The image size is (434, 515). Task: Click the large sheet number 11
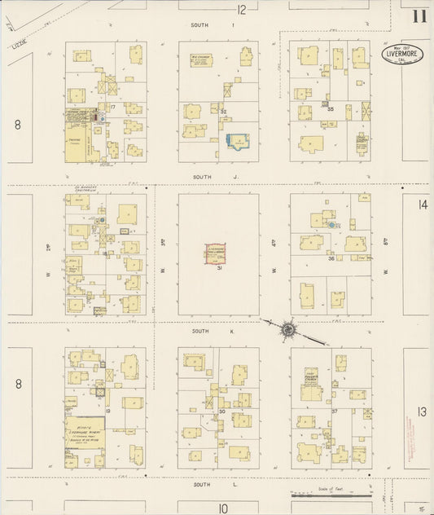point(419,15)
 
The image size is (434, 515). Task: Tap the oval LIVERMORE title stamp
point(402,54)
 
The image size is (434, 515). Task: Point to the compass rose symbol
point(287,328)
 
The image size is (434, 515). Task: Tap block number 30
point(221,412)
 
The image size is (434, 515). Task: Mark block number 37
point(334,411)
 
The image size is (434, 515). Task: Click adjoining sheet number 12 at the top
point(241,10)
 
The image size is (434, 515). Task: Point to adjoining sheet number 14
point(422,205)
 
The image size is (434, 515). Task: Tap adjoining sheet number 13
point(422,412)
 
